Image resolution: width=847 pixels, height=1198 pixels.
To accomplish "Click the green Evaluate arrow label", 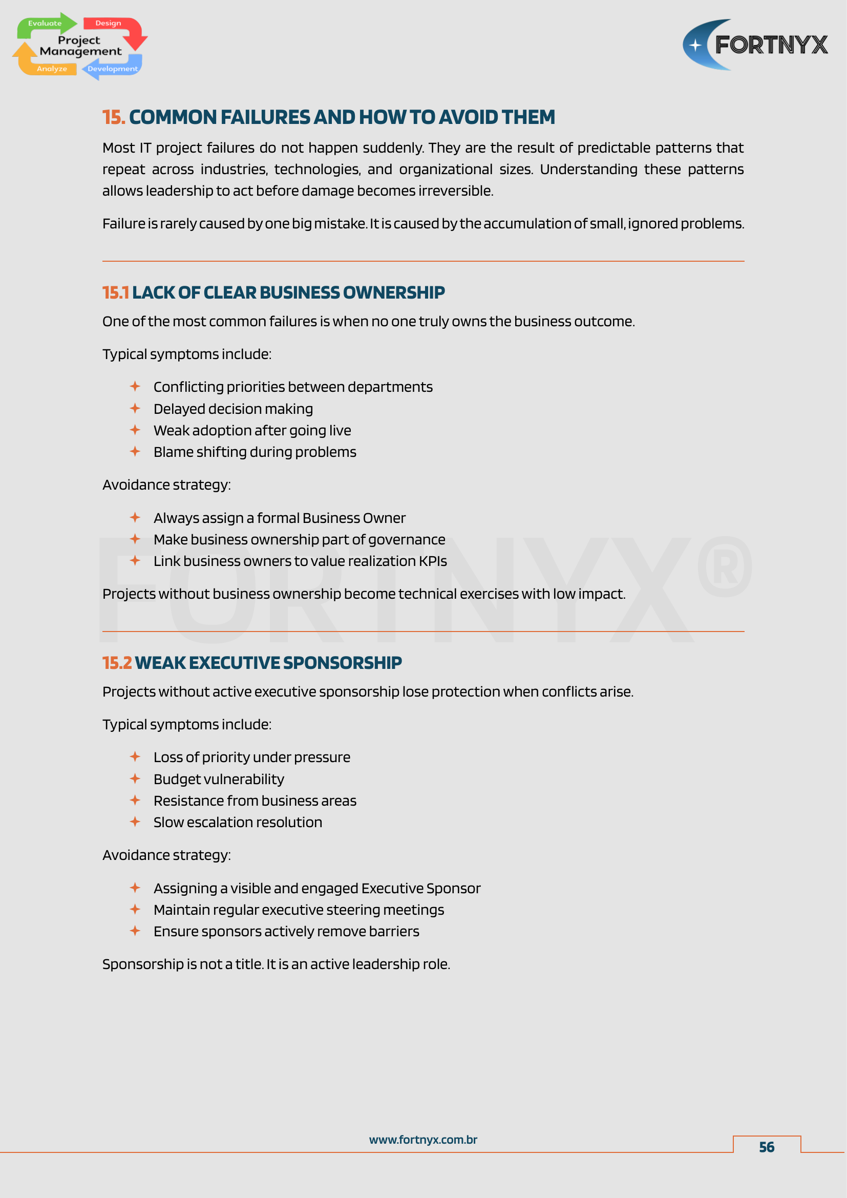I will coord(45,24).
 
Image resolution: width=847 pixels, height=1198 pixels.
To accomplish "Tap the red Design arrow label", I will coord(108,24).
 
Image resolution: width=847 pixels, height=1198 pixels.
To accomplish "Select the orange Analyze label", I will coord(52,69).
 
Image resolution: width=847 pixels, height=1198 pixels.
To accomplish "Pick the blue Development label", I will coord(113,69).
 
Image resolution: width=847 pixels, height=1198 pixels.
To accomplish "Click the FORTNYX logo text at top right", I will coord(771,45).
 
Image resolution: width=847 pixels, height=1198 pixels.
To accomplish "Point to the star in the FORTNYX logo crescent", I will coord(695,46).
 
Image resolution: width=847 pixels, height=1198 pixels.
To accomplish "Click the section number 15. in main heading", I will coord(113,117).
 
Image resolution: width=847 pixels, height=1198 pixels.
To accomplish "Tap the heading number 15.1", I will coord(115,293).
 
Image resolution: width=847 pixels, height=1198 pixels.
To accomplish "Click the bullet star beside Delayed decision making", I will coord(135,408).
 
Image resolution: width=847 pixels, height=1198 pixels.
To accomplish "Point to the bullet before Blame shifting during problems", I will coord(135,451).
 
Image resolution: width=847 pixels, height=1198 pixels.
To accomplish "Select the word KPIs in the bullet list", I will coord(433,561).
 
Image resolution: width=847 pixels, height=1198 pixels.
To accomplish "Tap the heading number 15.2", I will coord(117,663).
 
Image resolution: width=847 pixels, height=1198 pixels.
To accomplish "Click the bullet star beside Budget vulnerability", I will coord(135,779).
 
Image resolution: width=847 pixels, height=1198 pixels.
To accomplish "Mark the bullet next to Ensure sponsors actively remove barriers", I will coord(135,931).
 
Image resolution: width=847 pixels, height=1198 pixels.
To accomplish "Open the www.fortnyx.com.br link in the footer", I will coord(423,1140).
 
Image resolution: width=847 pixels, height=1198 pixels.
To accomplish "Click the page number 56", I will coord(766,1147).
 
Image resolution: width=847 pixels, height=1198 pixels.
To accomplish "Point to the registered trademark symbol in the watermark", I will coord(725,566).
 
